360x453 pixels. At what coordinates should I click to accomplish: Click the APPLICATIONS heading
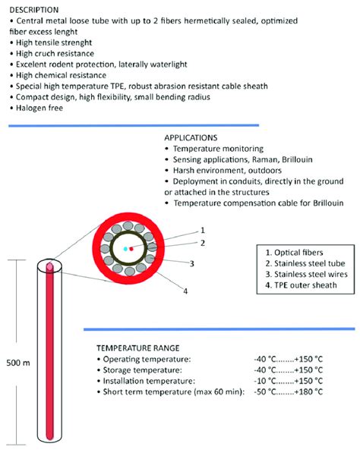(x=195, y=138)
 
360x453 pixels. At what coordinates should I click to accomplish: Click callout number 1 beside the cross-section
(x=202, y=230)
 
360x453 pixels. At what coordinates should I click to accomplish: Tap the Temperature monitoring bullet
(x=219, y=149)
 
